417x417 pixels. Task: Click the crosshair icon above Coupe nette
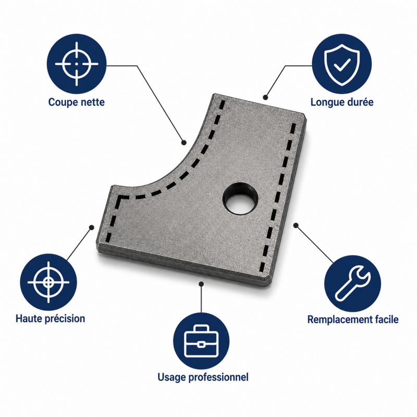click(x=77, y=64)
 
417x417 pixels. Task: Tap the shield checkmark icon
click(x=342, y=65)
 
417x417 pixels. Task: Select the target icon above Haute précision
click(x=48, y=282)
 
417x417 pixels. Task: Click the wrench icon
click(x=353, y=283)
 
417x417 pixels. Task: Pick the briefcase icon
click(x=201, y=341)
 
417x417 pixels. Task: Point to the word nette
click(x=92, y=102)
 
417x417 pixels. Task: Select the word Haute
click(x=28, y=318)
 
